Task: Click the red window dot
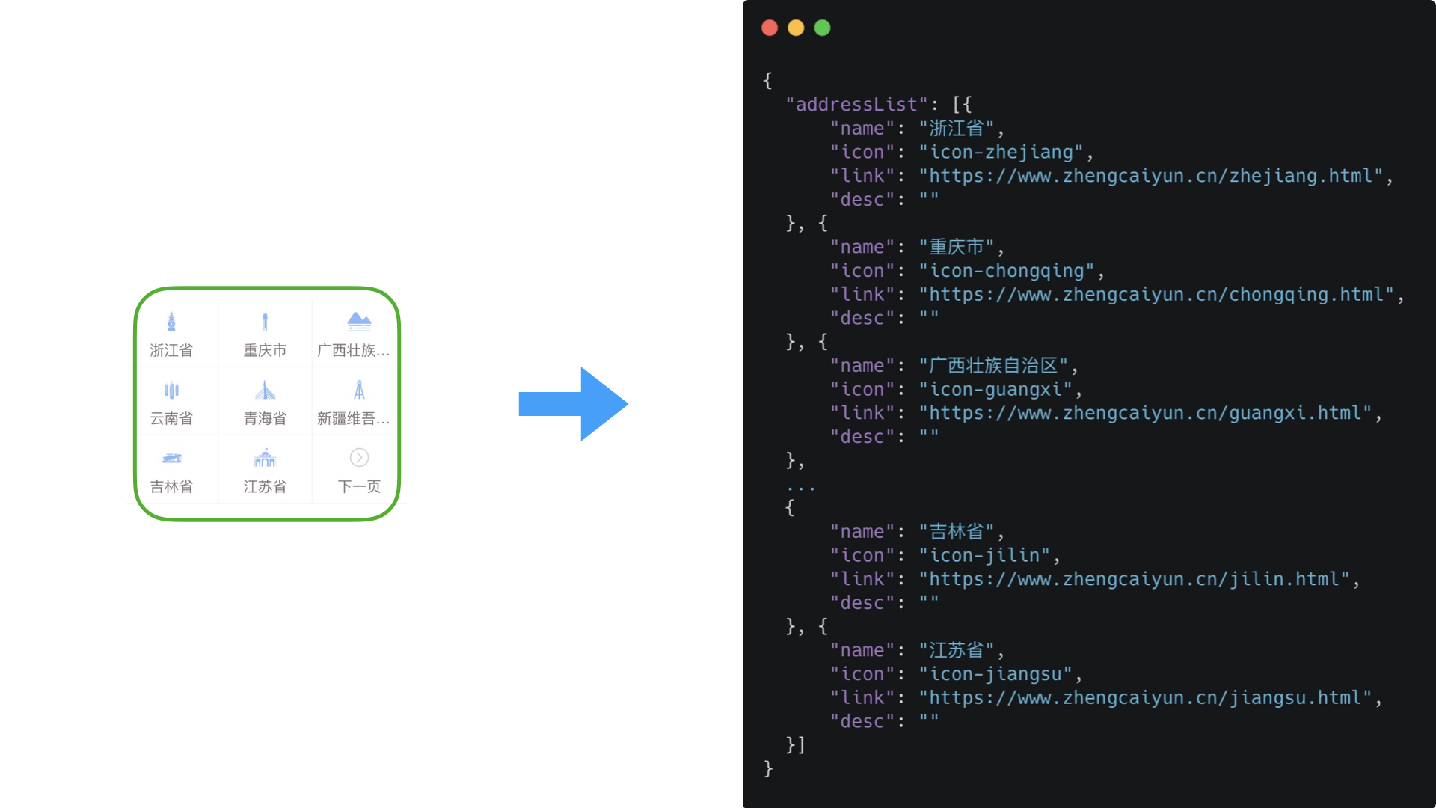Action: point(770,28)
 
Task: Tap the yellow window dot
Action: point(796,28)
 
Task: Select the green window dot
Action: point(822,28)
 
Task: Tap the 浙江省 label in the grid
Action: point(171,350)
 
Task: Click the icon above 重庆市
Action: point(265,322)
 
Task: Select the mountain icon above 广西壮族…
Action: point(359,322)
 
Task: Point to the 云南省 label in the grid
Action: point(171,418)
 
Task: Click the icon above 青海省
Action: point(265,390)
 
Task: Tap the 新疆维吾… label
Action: point(353,418)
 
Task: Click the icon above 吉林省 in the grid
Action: point(171,458)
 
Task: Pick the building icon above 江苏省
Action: point(265,458)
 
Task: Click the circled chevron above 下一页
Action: point(359,458)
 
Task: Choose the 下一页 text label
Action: point(359,486)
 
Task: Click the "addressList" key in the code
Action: point(856,104)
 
